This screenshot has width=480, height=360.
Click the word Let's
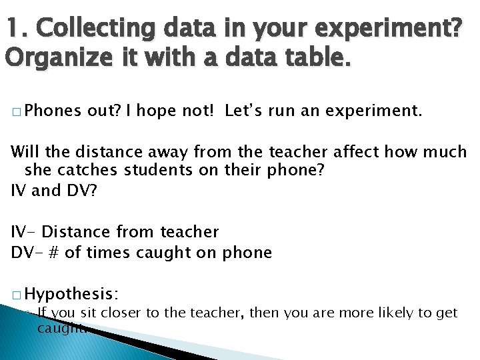(x=244, y=110)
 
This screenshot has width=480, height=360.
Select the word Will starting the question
(x=26, y=152)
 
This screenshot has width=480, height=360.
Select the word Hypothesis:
(x=72, y=293)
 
